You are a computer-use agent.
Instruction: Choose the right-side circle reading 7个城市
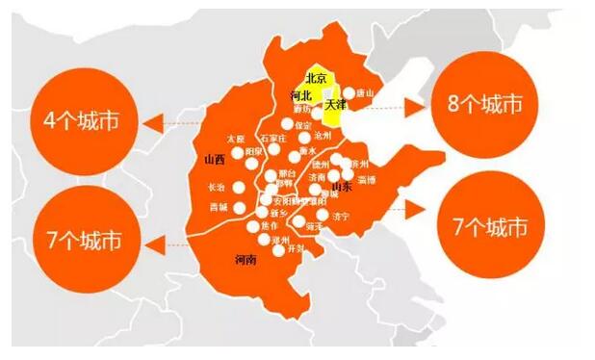(x=491, y=225)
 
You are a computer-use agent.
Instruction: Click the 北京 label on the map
(x=316, y=78)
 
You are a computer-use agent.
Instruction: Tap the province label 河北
(x=300, y=96)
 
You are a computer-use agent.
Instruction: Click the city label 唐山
(x=363, y=93)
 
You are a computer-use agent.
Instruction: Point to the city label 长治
(x=215, y=186)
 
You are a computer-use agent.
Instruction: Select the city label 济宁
(x=340, y=218)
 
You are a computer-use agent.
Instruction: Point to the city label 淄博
(x=365, y=180)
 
